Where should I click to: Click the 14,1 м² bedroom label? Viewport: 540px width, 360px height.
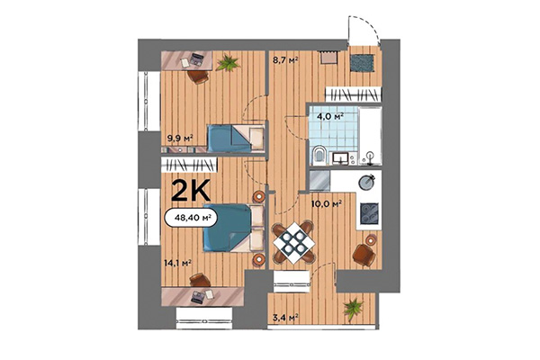point(175,264)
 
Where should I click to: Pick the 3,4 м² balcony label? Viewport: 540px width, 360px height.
point(285,316)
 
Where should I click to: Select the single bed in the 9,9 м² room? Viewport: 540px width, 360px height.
point(234,139)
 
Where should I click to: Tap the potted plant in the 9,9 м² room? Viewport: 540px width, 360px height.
point(228,63)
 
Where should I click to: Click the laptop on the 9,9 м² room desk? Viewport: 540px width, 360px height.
point(190,61)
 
